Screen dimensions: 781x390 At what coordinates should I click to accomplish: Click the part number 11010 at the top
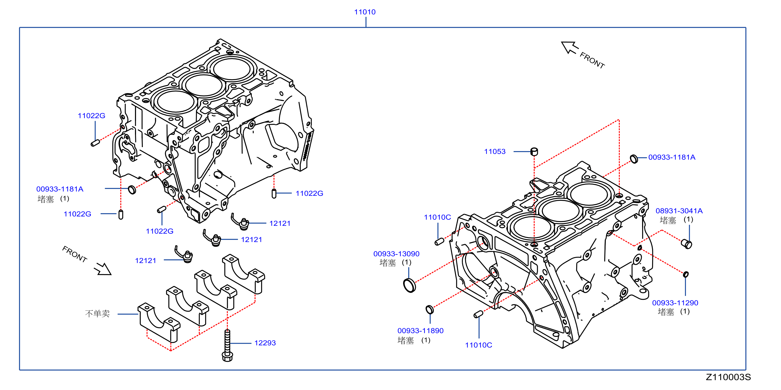coord(365,12)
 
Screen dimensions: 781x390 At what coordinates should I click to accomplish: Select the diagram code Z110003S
coord(728,377)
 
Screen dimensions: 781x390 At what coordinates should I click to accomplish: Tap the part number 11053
coord(495,151)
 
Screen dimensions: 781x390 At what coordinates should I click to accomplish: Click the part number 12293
coord(265,343)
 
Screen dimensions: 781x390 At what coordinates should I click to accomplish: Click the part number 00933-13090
coord(396,254)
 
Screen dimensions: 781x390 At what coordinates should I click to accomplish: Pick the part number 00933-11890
coord(420,331)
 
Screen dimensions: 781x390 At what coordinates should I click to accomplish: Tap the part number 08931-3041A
coord(679,211)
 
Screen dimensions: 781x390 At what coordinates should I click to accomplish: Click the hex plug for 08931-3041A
coord(686,244)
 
